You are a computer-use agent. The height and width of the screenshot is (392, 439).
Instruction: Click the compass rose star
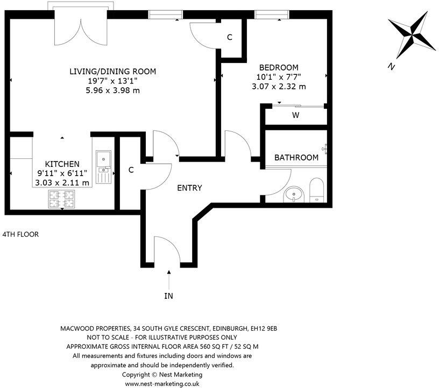point(413,33)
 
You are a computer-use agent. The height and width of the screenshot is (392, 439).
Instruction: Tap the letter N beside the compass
point(391,67)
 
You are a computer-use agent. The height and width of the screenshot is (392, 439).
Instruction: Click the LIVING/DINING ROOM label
point(112,71)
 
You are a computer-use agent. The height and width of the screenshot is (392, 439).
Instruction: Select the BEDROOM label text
point(279,67)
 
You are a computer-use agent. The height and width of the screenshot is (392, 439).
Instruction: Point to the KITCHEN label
point(62,164)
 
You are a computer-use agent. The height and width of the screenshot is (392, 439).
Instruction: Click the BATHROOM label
point(296,158)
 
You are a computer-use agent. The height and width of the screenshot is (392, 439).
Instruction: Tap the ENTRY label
point(189,188)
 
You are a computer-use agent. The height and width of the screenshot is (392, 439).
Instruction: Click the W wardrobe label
point(295,115)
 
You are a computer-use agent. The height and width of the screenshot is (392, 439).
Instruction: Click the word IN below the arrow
point(169,296)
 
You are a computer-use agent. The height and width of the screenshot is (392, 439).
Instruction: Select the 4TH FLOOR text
point(20,234)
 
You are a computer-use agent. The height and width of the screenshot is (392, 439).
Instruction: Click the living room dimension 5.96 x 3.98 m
point(112,90)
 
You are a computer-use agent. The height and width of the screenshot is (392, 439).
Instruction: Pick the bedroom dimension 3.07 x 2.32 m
point(279,86)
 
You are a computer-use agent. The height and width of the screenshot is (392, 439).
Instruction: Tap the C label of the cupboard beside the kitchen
point(131,170)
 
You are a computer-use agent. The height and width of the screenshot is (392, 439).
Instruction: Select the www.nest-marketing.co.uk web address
point(162,384)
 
